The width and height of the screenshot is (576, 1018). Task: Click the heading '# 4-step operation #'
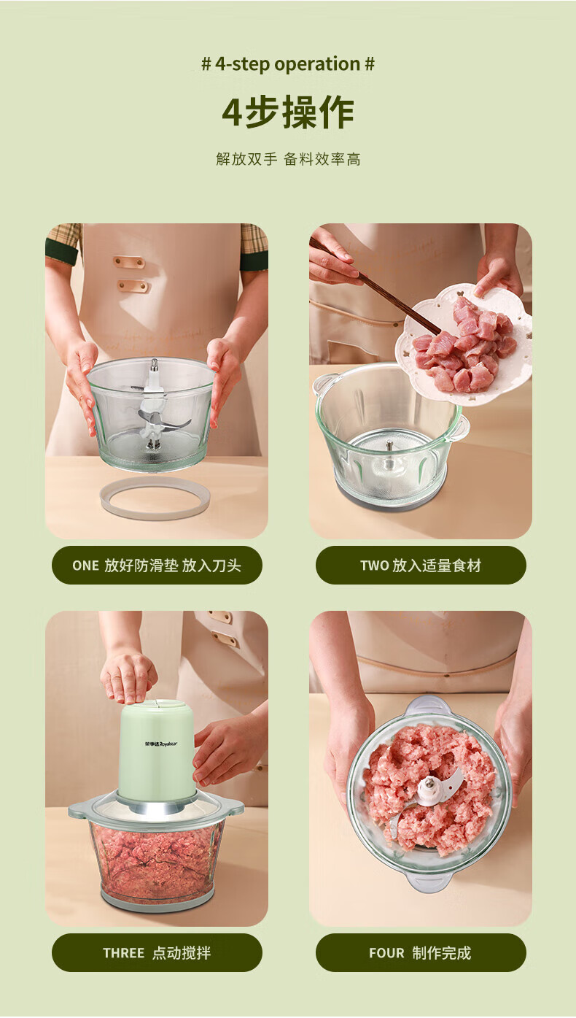tap(288, 64)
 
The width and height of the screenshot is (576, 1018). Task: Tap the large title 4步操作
tap(288, 112)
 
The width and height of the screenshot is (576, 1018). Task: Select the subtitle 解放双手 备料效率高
tap(288, 159)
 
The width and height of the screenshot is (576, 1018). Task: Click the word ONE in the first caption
tap(85, 566)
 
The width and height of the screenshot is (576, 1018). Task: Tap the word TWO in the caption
tap(375, 566)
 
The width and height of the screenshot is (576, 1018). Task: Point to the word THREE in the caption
tap(123, 952)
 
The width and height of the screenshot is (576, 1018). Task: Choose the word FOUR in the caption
tap(386, 952)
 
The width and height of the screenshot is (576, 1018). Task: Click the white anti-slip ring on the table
tap(155, 512)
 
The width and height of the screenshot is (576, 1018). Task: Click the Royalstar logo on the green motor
tap(161, 744)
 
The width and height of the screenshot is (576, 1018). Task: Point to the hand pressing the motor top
tap(128, 676)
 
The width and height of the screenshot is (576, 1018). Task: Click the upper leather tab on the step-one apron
tap(129, 262)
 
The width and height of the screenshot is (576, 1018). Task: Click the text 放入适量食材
tap(437, 566)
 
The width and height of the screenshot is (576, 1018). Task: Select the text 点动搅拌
tap(182, 952)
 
